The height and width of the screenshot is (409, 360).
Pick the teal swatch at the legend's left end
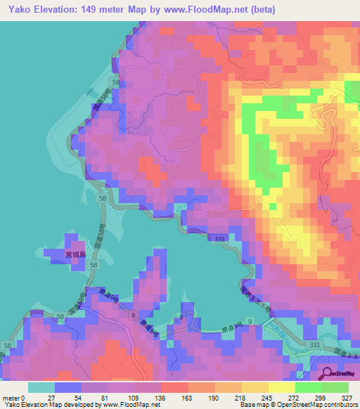tap(41, 387)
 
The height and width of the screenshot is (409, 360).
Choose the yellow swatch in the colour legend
tap(282, 387)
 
